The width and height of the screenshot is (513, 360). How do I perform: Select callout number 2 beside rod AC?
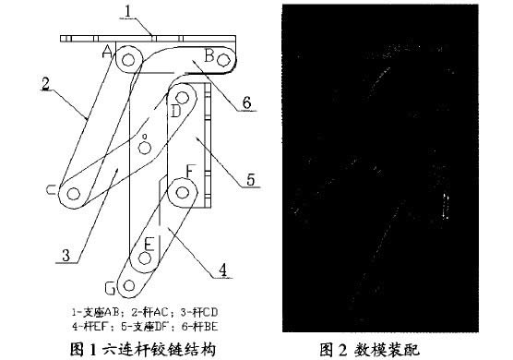point(45,82)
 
